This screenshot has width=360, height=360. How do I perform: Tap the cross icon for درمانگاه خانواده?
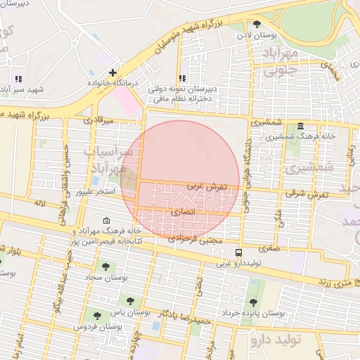112,72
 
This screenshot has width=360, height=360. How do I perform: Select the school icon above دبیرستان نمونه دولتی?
183,78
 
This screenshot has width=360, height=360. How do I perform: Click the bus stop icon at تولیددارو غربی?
240,252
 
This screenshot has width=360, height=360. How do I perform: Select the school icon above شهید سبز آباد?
18,79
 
